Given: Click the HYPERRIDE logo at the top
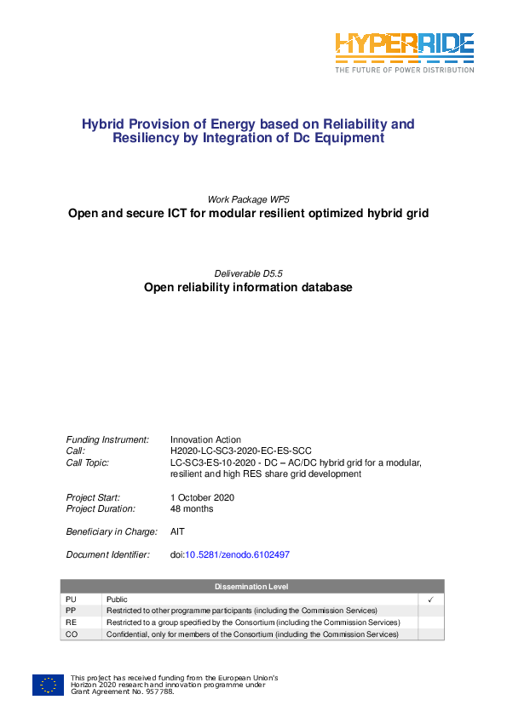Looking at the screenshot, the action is (403, 51).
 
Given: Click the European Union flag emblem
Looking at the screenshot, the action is (48, 685).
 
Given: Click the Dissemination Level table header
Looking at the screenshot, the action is (251, 587).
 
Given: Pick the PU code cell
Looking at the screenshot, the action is (71, 599).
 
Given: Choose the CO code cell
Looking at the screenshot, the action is (71, 634).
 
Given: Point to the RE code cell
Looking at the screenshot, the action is (71, 622).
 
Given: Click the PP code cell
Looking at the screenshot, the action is (71, 611).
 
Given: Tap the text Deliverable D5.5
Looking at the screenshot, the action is (248, 272).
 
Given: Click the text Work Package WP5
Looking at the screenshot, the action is (248, 198).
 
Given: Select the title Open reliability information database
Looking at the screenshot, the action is (248, 288).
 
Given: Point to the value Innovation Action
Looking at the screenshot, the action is (205, 440).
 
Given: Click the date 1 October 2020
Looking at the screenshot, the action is (202, 497).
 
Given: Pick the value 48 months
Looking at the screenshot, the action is (192, 508).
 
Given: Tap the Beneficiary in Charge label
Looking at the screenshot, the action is (112, 531).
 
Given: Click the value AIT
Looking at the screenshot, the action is (177, 531).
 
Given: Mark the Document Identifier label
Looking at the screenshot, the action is (108, 554).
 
